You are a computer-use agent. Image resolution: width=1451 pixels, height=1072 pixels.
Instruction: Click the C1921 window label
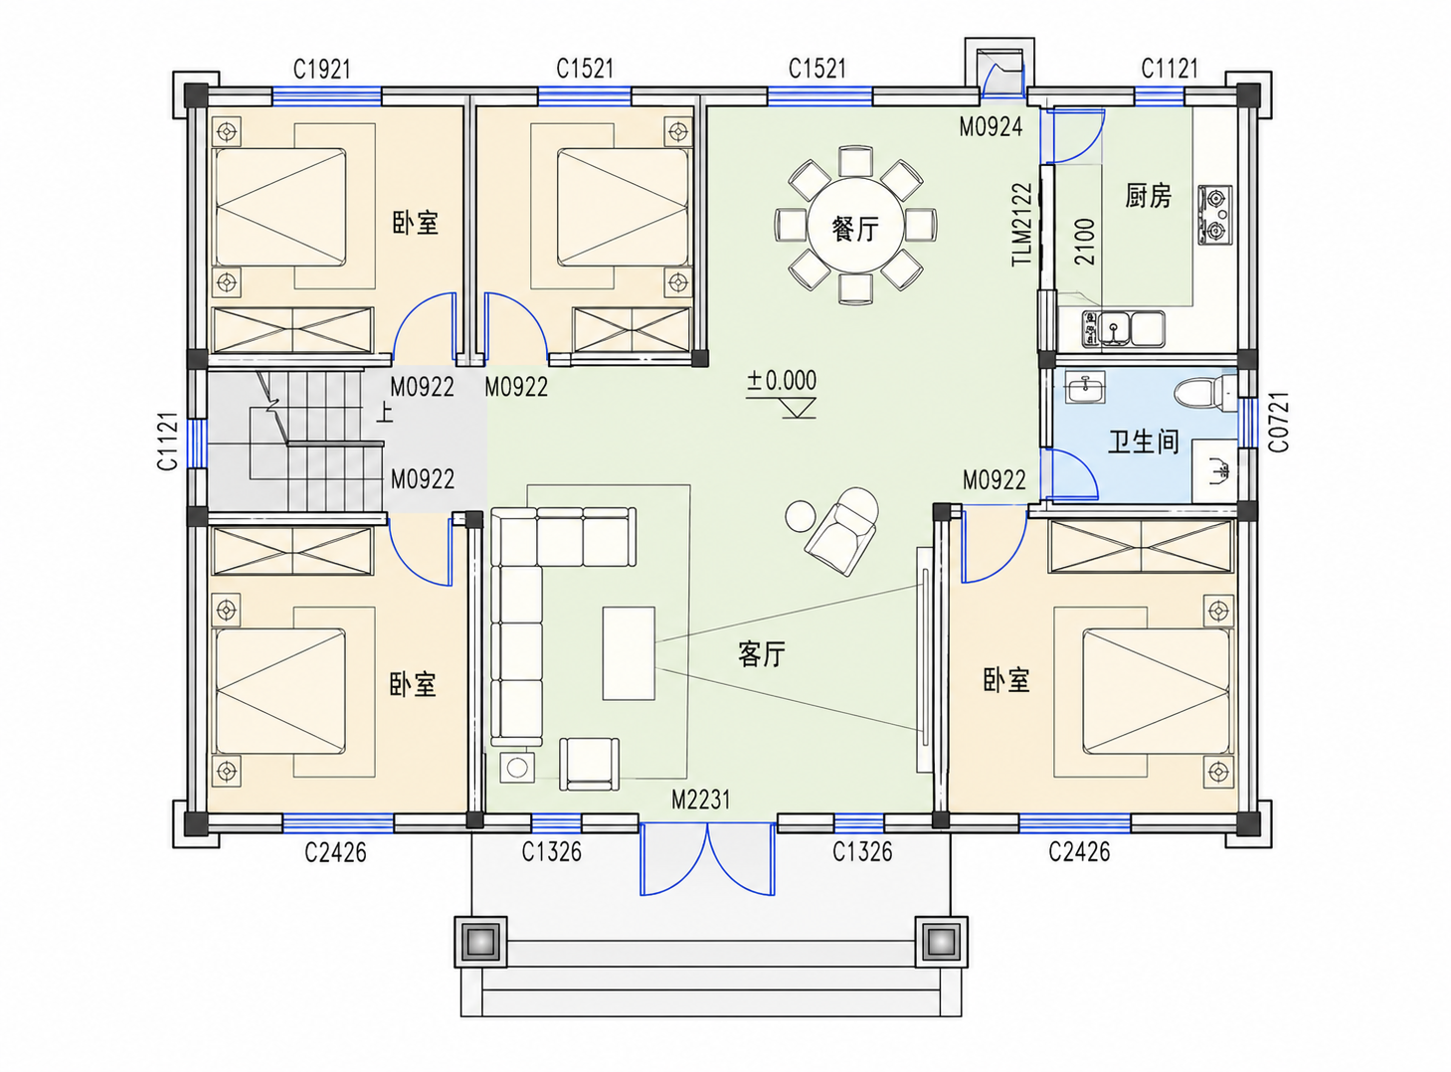pos(321,70)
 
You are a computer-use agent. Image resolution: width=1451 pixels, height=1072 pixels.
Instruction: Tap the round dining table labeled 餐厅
pos(855,227)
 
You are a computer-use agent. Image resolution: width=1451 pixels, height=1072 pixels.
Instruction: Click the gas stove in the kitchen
pos(1215,215)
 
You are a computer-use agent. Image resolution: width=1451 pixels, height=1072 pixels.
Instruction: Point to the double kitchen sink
pos(1132,328)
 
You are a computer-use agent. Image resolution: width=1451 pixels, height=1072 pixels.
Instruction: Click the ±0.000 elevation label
pos(781,380)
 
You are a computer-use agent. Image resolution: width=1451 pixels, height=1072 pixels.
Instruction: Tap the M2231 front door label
pos(701,800)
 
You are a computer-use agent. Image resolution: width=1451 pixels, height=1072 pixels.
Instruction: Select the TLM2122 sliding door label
pos(1021,225)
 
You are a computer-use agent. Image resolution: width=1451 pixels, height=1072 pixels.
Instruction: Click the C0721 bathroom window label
pos(1278,423)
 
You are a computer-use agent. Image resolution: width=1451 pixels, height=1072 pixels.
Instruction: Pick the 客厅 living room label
pos(762,654)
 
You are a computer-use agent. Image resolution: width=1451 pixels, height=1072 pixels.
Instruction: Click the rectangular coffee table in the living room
pos(629,653)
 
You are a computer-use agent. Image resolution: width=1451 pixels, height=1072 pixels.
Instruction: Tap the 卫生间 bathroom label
pos(1144,442)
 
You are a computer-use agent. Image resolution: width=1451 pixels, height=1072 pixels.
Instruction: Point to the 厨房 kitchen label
pos(1148,195)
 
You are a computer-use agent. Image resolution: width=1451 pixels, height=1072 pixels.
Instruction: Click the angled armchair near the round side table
pos(842,531)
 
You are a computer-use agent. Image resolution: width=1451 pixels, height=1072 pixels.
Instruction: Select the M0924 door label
pos(991,127)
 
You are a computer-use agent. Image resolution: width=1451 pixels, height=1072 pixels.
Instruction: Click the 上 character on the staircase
pos(385,414)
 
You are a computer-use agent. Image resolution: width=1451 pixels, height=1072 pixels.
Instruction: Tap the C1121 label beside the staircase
pos(168,441)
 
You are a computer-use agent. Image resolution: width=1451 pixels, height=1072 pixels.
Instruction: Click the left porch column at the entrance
pos(480,942)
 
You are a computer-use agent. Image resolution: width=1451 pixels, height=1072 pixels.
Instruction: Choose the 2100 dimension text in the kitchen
pos(1085,242)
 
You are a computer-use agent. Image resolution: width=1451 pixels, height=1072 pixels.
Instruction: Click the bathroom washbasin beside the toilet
pos(1086,387)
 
